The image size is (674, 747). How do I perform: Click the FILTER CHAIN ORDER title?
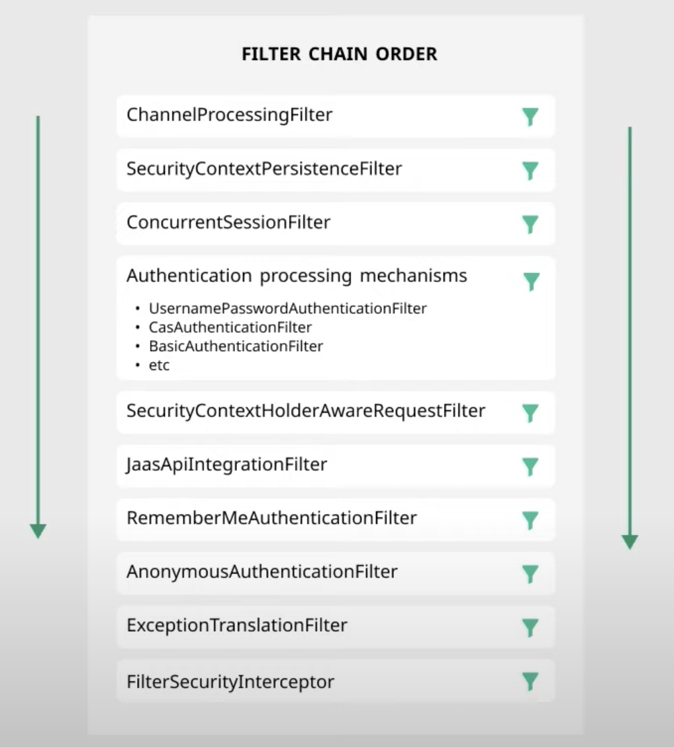339,54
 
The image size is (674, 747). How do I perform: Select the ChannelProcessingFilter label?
229,115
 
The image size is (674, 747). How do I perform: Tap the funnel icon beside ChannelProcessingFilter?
530,117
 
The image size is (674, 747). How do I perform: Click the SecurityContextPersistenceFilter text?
264,169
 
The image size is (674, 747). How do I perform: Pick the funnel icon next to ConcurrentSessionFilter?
530,224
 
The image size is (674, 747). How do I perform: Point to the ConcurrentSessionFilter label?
228,223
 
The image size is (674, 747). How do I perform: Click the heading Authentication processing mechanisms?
297,275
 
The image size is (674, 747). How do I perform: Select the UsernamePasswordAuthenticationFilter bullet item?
287,308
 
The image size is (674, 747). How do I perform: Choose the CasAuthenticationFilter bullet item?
230,327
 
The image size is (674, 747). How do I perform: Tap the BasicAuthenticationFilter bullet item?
236,346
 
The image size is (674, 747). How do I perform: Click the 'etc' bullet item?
159,365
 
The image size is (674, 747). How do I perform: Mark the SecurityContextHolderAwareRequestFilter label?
305,411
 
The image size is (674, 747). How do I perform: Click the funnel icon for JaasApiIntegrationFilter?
530,467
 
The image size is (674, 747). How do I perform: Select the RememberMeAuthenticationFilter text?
271,517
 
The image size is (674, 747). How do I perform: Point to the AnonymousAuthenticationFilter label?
262,571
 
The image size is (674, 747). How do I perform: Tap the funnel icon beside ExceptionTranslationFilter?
530,627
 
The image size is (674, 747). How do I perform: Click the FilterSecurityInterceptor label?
230,681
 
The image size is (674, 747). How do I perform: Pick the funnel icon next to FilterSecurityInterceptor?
530,681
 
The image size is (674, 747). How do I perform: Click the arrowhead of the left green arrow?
38,531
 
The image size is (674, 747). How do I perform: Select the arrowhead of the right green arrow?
630,542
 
